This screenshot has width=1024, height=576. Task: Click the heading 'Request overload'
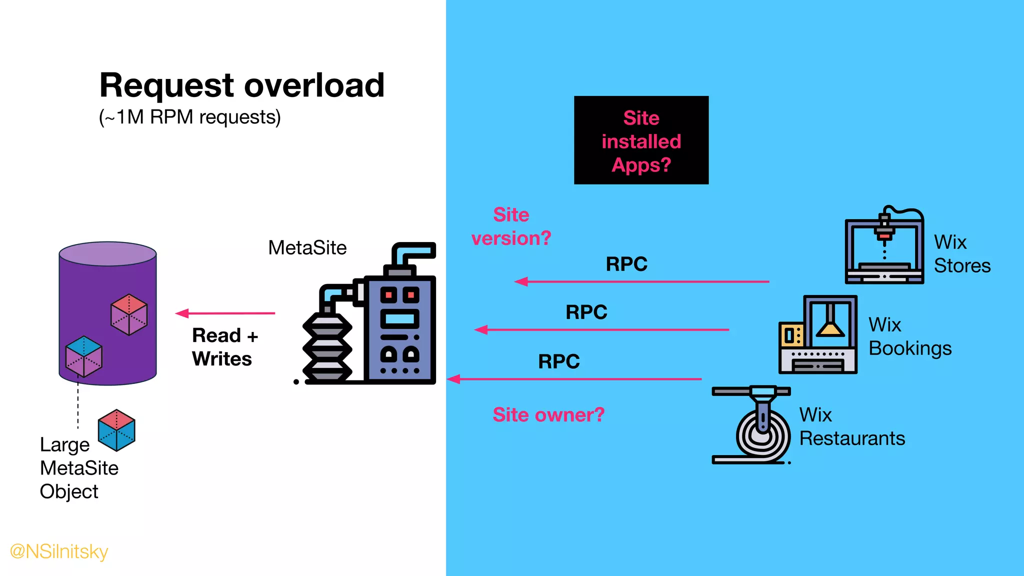tap(242, 85)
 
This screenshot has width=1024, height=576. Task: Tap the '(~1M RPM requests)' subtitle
tap(190, 117)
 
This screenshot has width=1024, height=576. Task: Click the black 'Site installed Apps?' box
tap(641, 140)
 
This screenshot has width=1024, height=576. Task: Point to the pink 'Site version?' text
tap(511, 226)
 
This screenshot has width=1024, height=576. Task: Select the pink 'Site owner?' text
tap(548, 415)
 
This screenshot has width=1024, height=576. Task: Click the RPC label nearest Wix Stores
tap(626, 264)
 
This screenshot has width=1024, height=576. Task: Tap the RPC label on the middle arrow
tap(586, 312)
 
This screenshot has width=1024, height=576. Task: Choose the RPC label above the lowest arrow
tap(558, 361)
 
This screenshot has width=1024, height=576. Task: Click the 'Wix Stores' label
tap(961, 254)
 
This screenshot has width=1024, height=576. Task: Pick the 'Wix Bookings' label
tap(909, 336)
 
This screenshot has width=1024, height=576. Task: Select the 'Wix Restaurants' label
tap(851, 426)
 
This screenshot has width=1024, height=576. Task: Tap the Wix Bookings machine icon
tap(818, 335)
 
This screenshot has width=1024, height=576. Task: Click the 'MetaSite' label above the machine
tap(307, 248)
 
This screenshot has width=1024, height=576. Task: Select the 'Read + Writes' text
tap(224, 347)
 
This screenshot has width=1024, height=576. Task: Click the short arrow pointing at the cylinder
tap(225, 313)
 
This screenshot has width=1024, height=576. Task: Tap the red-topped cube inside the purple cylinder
tap(129, 314)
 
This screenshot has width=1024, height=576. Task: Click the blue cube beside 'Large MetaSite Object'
tap(116, 430)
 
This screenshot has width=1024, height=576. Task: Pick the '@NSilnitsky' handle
tap(59, 551)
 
